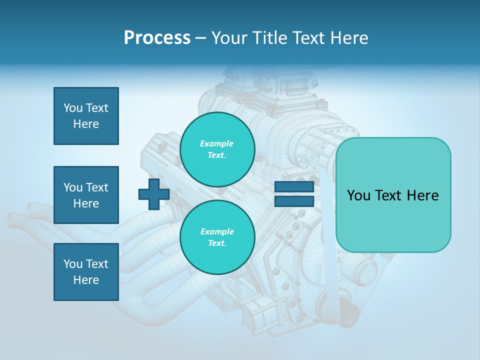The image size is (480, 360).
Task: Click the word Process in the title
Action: tap(157, 38)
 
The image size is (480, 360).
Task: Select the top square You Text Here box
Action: tap(86, 116)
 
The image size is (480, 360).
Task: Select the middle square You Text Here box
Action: tap(86, 195)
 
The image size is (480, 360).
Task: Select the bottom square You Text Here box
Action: tap(86, 272)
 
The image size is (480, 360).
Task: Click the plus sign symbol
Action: tap(153, 194)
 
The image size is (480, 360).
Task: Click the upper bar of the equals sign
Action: tap(294, 187)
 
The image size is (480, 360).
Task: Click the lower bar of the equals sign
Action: tap(294, 201)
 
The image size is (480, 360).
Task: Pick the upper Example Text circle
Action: tap(217, 149)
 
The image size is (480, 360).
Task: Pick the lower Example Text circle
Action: tap(217, 237)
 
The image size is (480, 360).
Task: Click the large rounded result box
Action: tap(393, 195)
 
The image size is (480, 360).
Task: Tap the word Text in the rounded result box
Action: tap(392, 195)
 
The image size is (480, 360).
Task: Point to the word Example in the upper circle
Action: tap(217, 143)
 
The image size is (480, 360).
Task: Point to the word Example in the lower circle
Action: tap(217, 231)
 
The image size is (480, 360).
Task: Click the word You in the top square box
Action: tap(73, 108)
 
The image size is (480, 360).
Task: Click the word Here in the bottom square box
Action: tap(86, 280)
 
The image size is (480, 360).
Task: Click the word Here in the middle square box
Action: tap(86, 203)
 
